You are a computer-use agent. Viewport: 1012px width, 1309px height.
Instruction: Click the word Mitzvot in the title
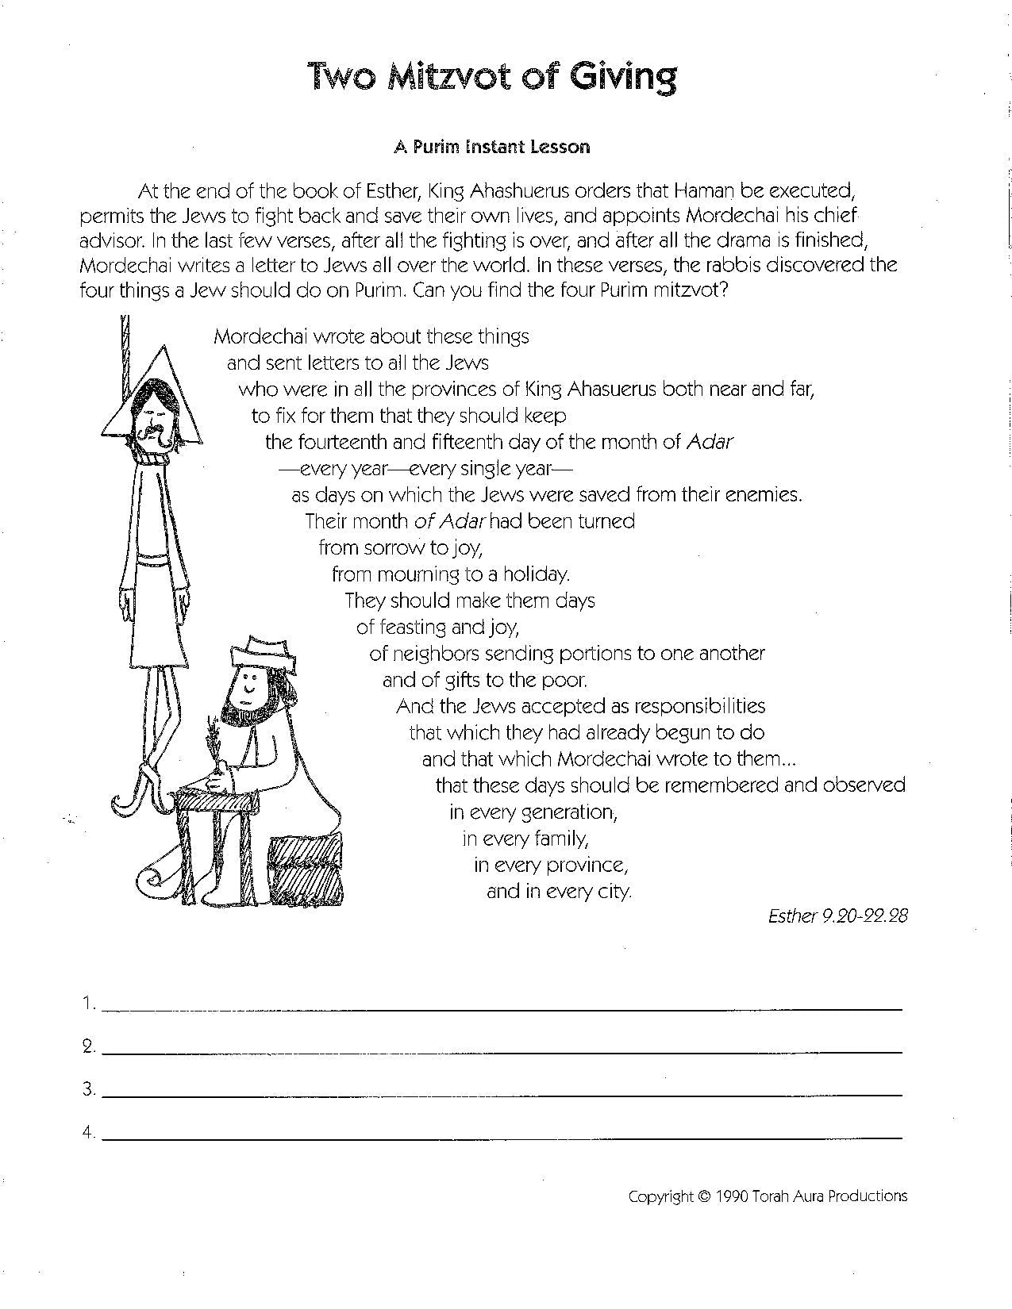[x=445, y=76]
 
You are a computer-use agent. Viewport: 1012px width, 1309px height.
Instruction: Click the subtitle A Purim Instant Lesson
[x=491, y=147]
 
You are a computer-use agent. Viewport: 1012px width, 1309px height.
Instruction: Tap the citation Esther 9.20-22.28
[x=837, y=916]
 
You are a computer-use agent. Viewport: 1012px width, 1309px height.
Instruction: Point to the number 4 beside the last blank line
[x=87, y=1133]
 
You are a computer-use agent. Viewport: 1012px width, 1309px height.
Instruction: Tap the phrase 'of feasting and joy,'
[x=437, y=628]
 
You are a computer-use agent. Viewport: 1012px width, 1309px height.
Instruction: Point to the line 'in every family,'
[x=525, y=838]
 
